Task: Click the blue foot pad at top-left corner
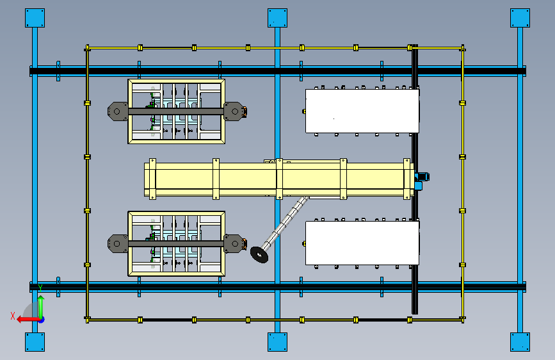[x=35, y=17]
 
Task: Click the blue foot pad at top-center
[x=277, y=17]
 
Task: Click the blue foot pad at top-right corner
[x=520, y=17]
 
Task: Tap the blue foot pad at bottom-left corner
[x=35, y=341]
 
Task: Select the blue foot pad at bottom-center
[x=277, y=341]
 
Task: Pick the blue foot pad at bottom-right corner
[x=520, y=341]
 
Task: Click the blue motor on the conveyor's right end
[x=421, y=180]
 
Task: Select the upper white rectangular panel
[x=362, y=111]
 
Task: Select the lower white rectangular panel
[x=362, y=242]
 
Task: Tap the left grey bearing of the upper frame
[x=117, y=111]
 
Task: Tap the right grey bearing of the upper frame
[x=234, y=111]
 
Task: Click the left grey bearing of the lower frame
[x=117, y=243]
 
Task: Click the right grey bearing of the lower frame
[x=234, y=243]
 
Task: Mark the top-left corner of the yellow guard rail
[x=88, y=48]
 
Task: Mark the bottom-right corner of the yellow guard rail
[x=462, y=318]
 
